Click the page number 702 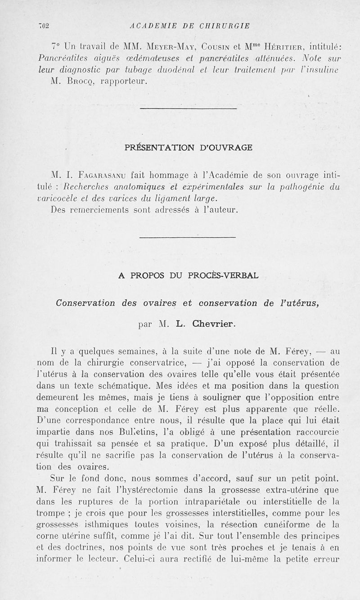(x=43, y=25)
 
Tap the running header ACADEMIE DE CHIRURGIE (x=189, y=25)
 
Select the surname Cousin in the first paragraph (x=217, y=46)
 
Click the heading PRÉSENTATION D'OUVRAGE (x=188, y=147)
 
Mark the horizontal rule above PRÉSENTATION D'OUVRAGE (x=188, y=108)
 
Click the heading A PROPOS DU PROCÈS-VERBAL (x=188, y=275)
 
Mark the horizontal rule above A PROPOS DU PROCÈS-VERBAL (x=188, y=237)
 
